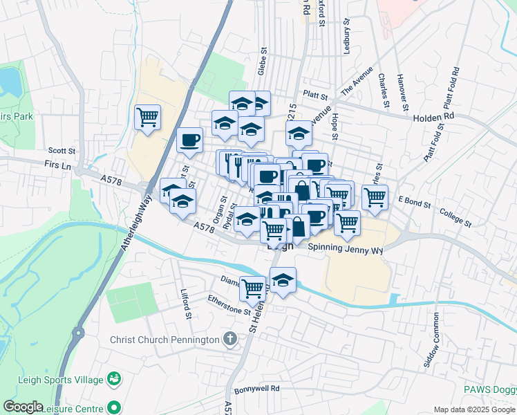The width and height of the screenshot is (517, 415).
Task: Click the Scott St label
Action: pos(61,150)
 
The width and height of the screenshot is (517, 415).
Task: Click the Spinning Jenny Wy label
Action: pos(344,247)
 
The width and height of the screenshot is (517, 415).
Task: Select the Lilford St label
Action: pos(185,304)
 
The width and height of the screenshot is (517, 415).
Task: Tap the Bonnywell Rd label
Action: pos(256,389)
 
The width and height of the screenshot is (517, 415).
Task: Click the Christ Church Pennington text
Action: pos(164,340)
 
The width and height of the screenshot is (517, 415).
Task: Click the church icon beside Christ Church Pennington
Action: pos(230,340)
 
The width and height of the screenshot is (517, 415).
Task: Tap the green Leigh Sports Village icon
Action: pos(114,379)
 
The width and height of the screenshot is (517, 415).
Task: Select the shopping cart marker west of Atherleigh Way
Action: pos(147,118)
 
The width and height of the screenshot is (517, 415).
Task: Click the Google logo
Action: pos(23,406)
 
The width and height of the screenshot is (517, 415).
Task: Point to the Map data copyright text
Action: pos(474,409)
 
